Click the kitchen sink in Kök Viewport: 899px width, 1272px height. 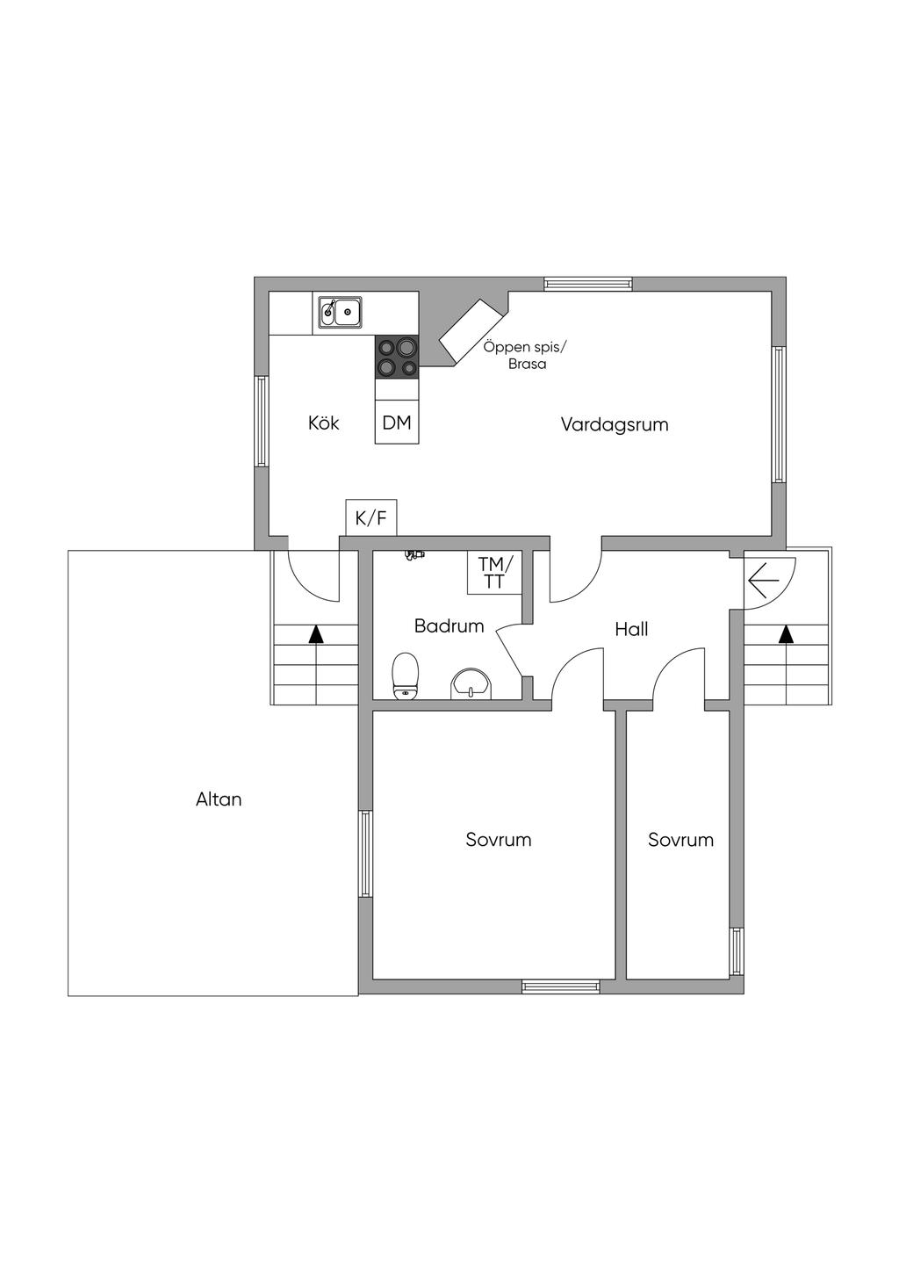pos(340,312)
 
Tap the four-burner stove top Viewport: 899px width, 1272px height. pos(397,358)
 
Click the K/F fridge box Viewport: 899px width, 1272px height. pos(371,517)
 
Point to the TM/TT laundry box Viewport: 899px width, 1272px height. pos(494,573)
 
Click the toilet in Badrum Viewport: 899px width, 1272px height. pos(406,676)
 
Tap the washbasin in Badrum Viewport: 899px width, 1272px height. pos(473,683)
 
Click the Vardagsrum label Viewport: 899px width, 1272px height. pos(614,425)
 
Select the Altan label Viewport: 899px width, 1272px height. pos(219,799)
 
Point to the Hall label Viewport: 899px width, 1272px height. pos(631,629)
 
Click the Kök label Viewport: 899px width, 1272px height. pos(323,423)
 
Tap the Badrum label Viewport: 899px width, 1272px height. pos(449,625)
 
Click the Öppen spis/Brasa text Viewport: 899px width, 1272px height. pos(521,355)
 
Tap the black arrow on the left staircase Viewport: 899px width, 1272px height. pos(315,634)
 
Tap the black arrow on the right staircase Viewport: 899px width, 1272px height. pos(786,634)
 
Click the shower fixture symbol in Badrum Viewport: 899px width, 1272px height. pos(414,555)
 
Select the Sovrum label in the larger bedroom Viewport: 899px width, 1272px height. pos(499,840)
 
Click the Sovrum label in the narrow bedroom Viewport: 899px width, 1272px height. pos(680,840)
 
